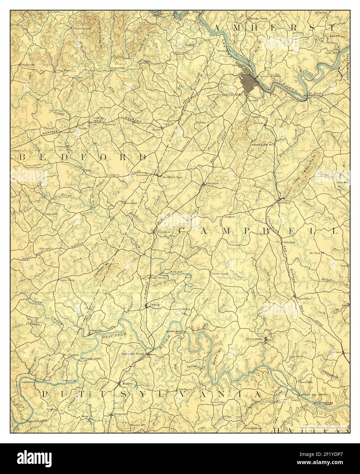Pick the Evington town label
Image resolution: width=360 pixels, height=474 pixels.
point(164,232)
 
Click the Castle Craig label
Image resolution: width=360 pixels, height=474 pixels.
point(219,273)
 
